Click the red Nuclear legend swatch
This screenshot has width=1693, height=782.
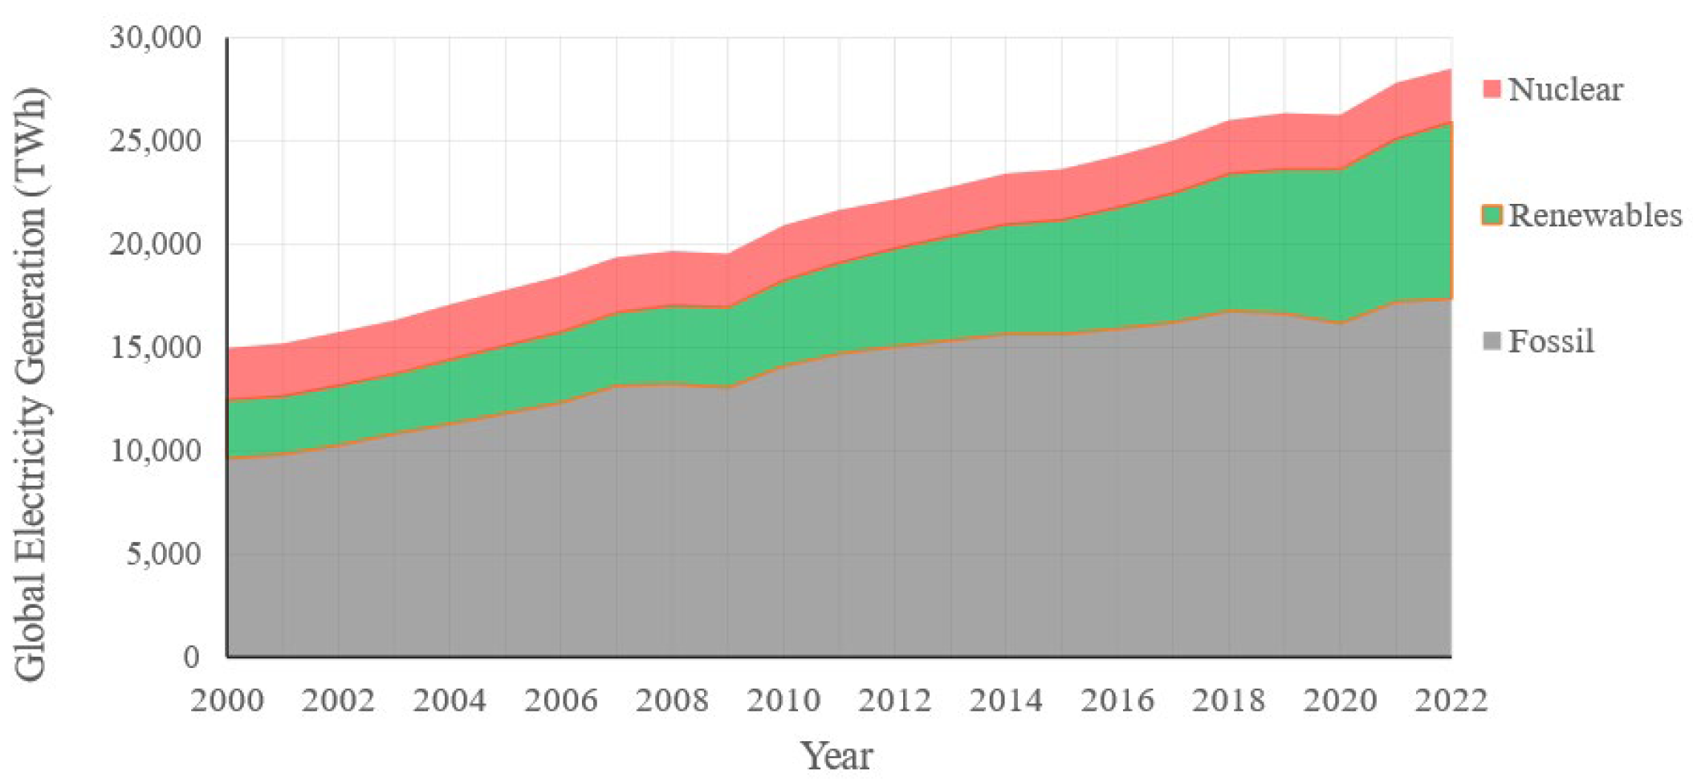(1492, 89)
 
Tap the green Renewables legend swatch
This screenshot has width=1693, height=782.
(1492, 215)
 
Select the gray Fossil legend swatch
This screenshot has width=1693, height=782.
(1492, 342)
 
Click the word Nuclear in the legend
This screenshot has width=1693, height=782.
(1565, 89)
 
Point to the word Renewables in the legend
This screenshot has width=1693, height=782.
(1594, 215)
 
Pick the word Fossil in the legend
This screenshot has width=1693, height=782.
(1550, 342)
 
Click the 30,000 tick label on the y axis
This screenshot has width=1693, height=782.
(156, 38)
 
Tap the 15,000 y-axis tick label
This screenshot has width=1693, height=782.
(156, 348)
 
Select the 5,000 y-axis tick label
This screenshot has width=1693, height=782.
(164, 554)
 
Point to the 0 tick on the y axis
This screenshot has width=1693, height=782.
(191, 657)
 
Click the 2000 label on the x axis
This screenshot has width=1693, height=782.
(227, 701)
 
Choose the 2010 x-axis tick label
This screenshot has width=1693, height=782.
(783, 701)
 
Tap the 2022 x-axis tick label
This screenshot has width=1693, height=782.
(1451, 701)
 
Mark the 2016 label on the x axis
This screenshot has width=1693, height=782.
(1117, 701)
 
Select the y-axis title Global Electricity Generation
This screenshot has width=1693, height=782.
(32, 384)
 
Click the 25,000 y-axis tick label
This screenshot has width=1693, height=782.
(156, 141)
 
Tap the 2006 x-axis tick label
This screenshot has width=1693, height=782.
(561, 701)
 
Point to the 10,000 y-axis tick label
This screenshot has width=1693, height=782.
(156, 451)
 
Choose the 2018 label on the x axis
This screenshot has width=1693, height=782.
(1228, 701)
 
